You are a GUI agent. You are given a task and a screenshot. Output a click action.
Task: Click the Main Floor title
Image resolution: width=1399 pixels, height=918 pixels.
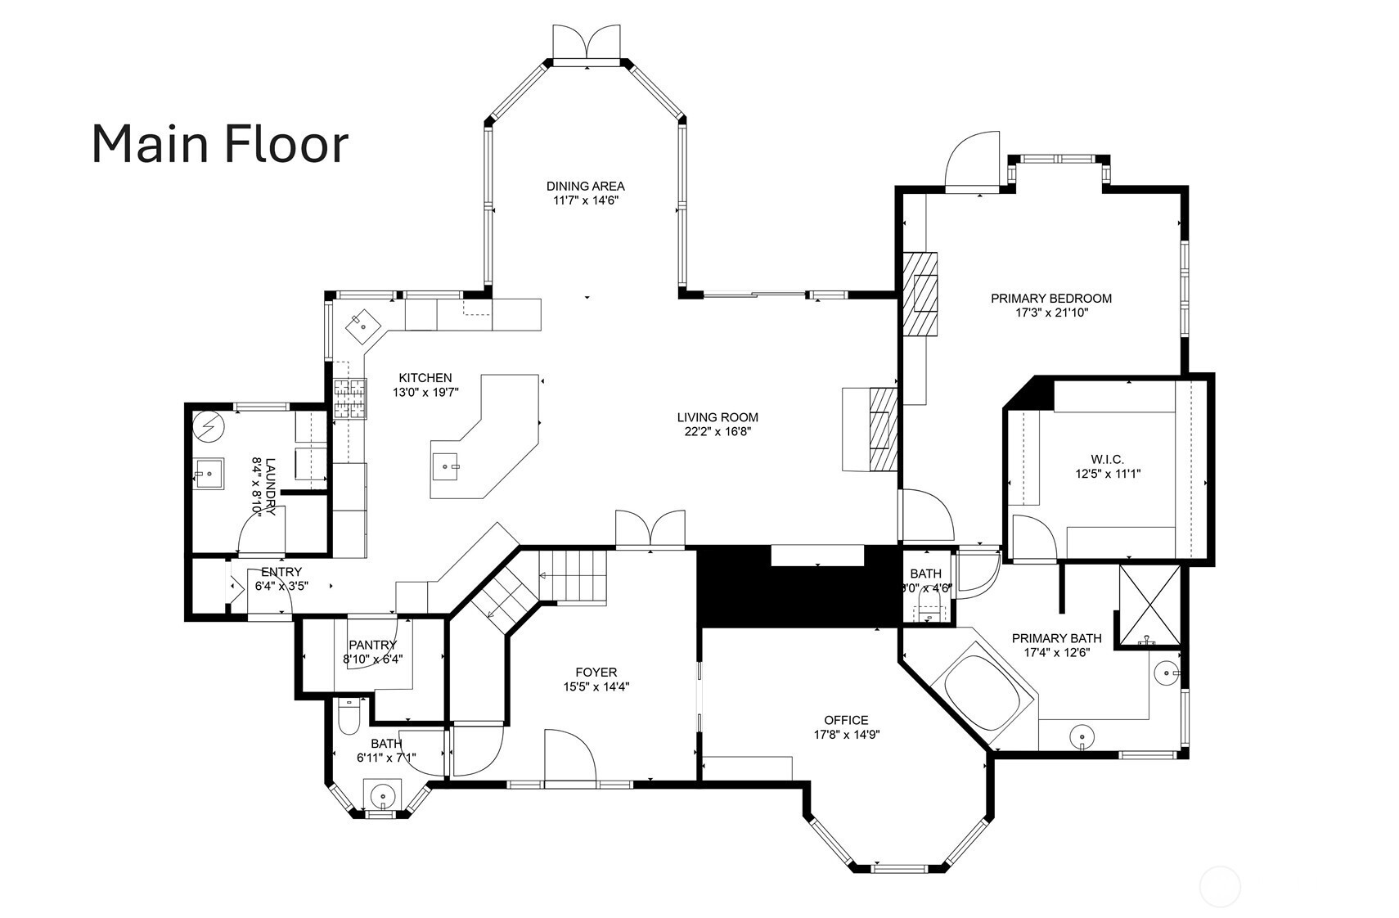point(220,144)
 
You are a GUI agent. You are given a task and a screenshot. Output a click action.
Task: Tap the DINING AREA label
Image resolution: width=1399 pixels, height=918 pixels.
point(585,186)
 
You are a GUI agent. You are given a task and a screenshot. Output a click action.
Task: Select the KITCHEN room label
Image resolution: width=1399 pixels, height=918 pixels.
point(425,378)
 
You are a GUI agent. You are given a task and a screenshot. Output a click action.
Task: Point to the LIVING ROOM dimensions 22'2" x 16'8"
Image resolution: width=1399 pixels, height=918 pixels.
point(717,431)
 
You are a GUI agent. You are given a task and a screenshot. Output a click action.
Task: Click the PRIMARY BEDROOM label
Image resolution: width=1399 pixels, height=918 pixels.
point(1051,299)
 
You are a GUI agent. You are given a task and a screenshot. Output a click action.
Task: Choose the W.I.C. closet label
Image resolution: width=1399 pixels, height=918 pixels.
point(1108,460)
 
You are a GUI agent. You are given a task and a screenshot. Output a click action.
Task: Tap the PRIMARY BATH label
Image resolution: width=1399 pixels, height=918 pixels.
point(1057,638)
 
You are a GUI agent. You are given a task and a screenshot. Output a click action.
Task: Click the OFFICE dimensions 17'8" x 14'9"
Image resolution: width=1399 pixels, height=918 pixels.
point(846,735)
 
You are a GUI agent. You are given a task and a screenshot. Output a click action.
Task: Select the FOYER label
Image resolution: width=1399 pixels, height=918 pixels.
point(596,672)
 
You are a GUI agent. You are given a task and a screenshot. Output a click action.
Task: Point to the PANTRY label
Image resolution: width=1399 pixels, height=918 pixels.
point(373,645)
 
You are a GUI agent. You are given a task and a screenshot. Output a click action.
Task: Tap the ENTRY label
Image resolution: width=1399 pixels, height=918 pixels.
point(281,571)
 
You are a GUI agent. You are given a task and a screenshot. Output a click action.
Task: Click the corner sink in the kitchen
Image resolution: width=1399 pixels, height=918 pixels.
point(363,326)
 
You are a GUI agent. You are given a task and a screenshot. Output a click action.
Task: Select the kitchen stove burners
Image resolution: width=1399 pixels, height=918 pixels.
point(350,399)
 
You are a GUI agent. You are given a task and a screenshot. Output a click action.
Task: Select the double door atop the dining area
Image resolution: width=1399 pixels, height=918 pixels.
point(587,43)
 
